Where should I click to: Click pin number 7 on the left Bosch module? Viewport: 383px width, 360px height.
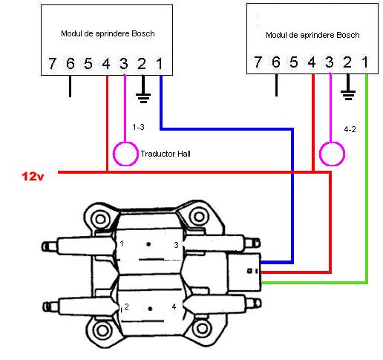(x=52, y=63)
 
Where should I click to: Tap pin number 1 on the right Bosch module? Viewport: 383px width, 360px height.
(x=365, y=62)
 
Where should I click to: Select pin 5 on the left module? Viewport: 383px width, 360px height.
(x=88, y=64)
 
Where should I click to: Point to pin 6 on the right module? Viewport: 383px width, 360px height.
(x=276, y=62)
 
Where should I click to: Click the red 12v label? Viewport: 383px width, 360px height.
(x=33, y=177)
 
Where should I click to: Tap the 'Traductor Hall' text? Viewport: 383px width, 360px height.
(x=166, y=154)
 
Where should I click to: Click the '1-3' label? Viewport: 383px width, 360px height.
(x=138, y=127)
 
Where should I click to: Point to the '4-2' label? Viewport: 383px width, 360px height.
(x=350, y=129)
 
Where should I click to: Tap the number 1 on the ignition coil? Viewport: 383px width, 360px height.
(x=122, y=243)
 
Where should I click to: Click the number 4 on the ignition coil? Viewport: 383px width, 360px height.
(x=174, y=307)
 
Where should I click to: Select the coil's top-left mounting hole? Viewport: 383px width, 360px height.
(x=100, y=219)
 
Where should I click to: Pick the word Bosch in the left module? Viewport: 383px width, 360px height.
(x=143, y=33)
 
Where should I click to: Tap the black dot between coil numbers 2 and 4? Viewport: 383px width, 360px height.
(x=150, y=309)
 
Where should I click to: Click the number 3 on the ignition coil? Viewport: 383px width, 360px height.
(x=176, y=245)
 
